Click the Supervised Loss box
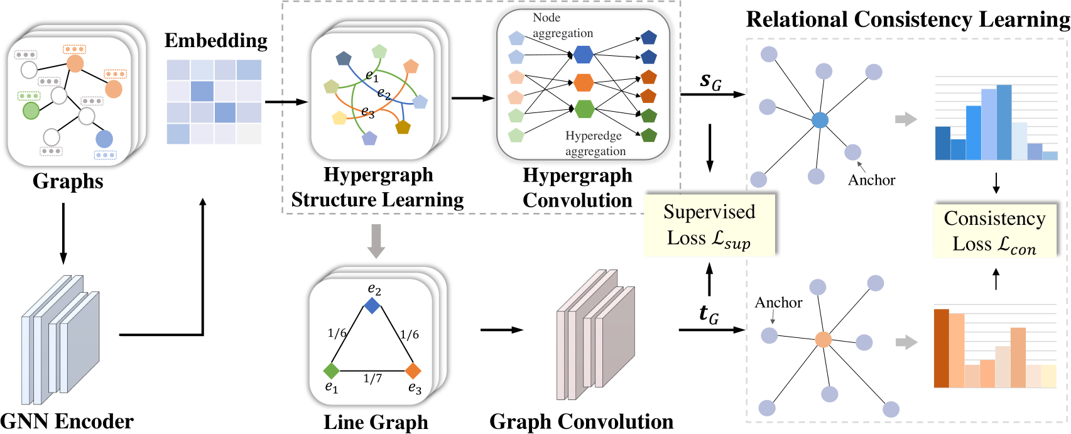(709, 225)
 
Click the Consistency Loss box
(994, 231)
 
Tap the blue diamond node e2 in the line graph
(372, 306)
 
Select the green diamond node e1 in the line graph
(331, 371)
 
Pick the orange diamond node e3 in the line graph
(413, 371)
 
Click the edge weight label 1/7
(372, 379)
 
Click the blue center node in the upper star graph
(820, 120)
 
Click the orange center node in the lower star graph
(823, 340)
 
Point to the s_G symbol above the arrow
(710, 81)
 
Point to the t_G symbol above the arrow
(709, 313)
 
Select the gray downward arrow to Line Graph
(376, 241)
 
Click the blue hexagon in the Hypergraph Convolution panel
(583, 55)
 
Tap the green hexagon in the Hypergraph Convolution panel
(584, 109)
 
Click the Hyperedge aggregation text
(594, 143)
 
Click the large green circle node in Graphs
(31, 111)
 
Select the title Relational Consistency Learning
(907, 19)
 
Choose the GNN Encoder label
(67, 421)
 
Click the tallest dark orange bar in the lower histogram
(941, 348)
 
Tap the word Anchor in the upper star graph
(871, 180)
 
